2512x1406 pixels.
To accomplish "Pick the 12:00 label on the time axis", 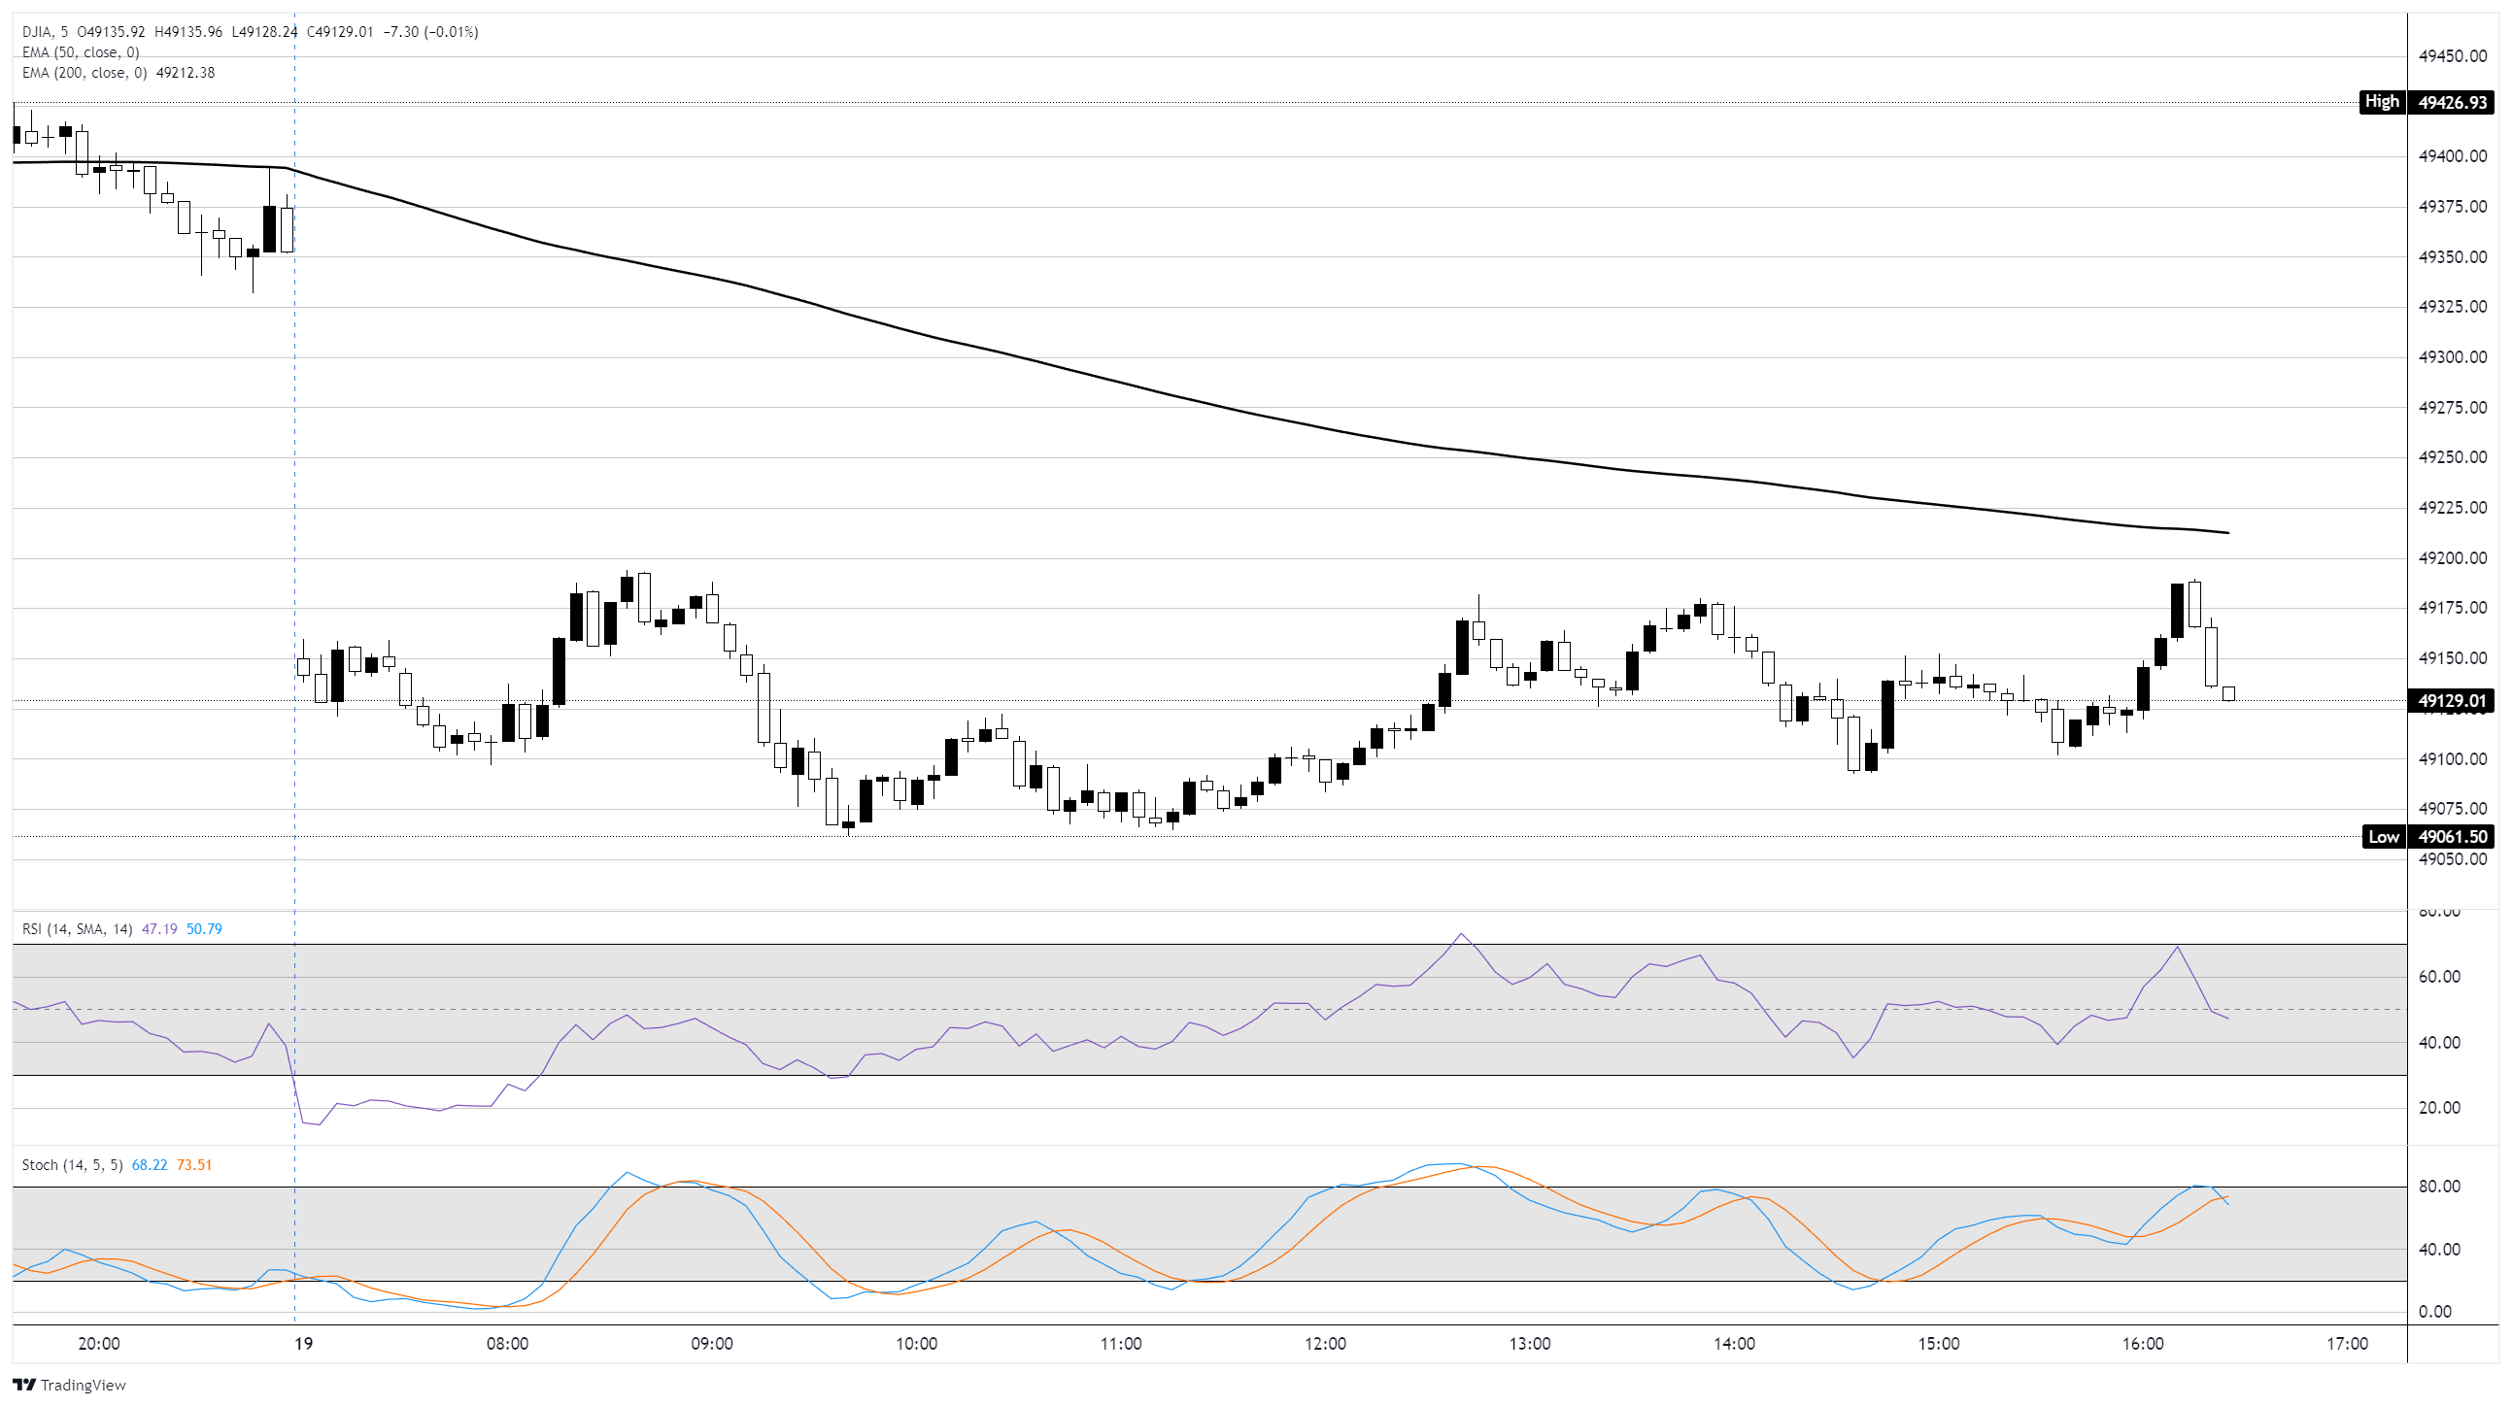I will (x=1325, y=1344).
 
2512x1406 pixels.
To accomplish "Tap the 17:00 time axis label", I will (x=2346, y=1344).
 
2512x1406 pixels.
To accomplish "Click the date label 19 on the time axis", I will (x=303, y=1344).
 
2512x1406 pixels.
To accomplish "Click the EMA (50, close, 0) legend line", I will (x=80, y=52).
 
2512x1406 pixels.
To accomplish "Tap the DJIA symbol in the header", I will (x=39, y=32).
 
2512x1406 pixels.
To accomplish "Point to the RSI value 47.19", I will (x=159, y=929).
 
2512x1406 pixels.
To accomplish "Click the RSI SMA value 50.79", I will (x=204, y=929).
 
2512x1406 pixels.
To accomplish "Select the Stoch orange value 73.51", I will (x=194, y=1165).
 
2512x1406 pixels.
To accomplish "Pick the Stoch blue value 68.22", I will (x=150, y=1165).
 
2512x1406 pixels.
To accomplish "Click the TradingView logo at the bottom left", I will (x=69, y=1385).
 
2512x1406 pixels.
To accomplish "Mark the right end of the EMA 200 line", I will (x=2227, y=532).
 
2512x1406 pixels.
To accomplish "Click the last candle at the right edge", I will (x=2228, y=693).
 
